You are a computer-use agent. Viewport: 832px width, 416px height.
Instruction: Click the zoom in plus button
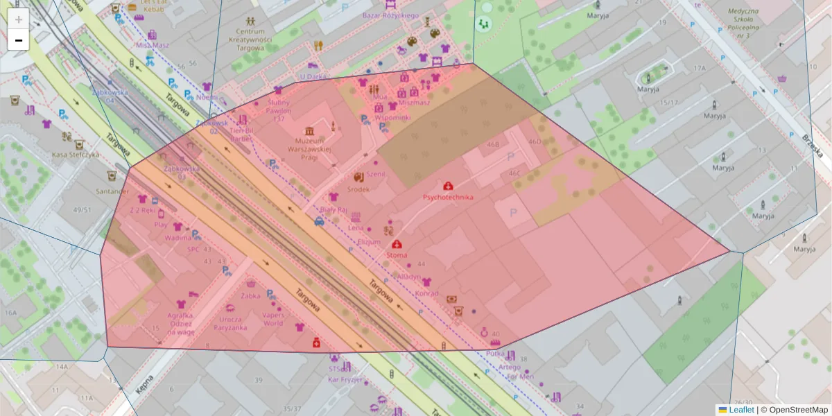point(19,19)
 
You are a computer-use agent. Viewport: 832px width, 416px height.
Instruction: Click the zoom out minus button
point(19,40)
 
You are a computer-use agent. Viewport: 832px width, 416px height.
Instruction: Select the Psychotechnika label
point(448,197)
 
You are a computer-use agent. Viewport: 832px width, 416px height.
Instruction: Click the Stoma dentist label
point(397,255)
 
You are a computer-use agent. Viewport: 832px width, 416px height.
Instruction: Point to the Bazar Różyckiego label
point(391,15)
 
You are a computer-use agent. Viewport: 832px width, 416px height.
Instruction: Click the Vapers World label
point(273,319)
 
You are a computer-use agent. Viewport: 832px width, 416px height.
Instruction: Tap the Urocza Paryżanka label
point(232,323)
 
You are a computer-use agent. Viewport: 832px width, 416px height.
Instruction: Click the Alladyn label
point(408,277)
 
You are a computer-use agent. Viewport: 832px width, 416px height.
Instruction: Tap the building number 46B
point(493,145)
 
